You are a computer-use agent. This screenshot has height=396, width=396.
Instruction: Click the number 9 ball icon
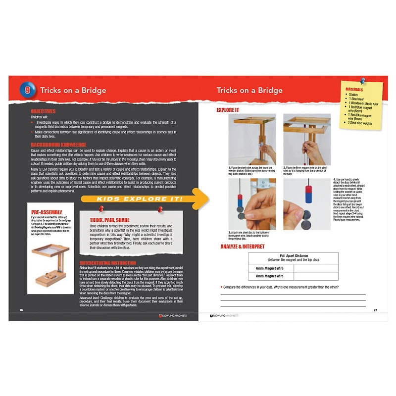click(27, 90)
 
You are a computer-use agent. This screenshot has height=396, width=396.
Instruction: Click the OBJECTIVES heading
click(43, 112)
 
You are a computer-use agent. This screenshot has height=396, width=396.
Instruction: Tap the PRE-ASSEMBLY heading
click(47, 212)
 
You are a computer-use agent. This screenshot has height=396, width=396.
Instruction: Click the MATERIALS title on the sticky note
click(358, 89)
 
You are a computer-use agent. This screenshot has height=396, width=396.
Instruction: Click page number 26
click(21, 310)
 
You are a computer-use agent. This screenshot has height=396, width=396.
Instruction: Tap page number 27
click(375, 310)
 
